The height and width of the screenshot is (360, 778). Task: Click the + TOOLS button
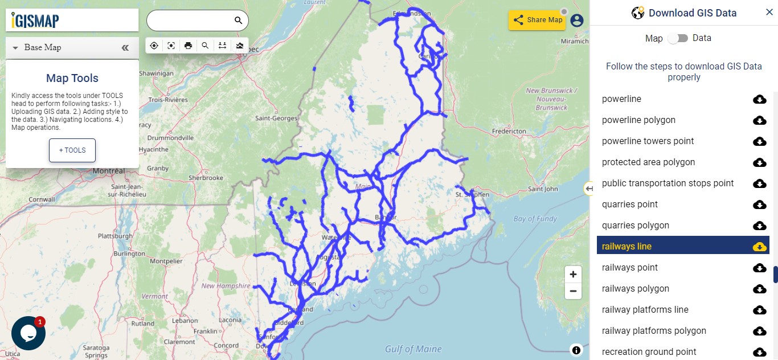click(x=72, y=150)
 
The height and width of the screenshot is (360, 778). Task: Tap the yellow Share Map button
click(x=537, y=20)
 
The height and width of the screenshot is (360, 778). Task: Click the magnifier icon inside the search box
click(x=238, y=21)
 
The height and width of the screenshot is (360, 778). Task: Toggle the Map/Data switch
click(x=678, y=38)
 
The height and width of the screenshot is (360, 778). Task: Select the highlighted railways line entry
click(x=627, y=247)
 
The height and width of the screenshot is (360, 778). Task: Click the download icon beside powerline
click(x=759, y=100)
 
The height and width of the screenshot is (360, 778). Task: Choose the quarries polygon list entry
click(x=635, y=226)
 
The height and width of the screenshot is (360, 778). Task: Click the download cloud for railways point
click(x=759, y=268)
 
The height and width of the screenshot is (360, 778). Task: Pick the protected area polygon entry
click(x=648, y=162)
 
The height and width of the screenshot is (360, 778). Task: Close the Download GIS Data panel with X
click(x=769, y=13)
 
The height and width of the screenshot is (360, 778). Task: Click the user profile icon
click(x=577, y=21)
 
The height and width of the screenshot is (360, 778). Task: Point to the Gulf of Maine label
click(x=413, y=349)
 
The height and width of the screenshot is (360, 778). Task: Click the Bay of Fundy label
click(x=534, y=219)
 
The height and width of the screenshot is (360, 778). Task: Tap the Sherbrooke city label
click(x=206, y=178)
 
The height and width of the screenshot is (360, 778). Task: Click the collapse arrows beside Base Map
click(x=125, y=48)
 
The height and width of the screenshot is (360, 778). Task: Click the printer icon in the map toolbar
click(x=188, y=46)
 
